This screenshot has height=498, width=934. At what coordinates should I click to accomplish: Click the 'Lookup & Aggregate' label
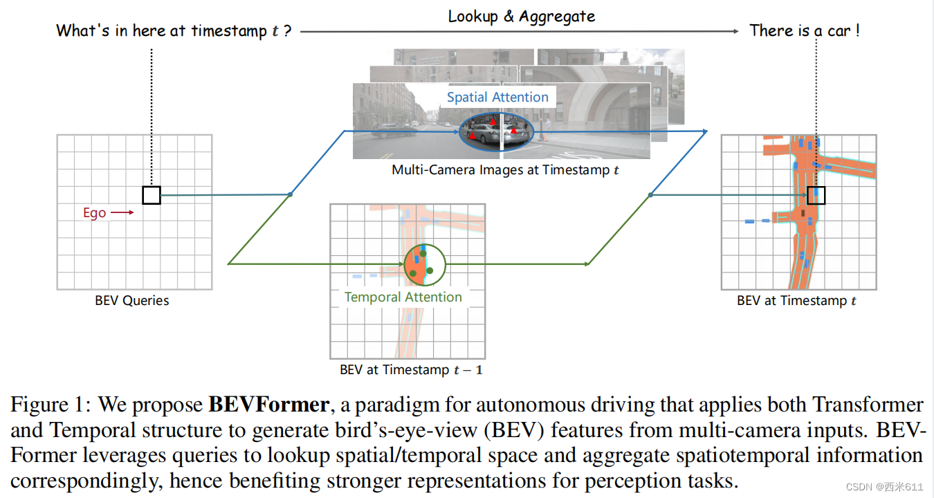pyautogui.click(x=521, y=16)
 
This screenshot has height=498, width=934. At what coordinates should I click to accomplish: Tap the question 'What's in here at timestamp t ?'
pyautogui.click(x=173, y=31)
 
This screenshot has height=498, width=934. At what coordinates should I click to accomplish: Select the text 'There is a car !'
pyautogui.click(x=805, y=30)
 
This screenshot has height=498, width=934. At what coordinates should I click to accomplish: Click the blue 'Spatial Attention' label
pyautogui.click(x=497, y=98)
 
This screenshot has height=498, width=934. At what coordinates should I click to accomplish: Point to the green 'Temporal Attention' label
pyautogui.click(x=403, y=297)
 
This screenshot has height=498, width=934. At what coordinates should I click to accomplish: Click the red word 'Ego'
pyautogui.click(x=95, y=213)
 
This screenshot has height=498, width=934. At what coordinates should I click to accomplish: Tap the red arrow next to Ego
pyautogui.click(x=122, y=213)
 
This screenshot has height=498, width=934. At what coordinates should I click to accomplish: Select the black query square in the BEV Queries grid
pyautogui.click(x=152, y=195)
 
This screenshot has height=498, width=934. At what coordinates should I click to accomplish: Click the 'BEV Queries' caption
pyautogui.click(x=132, y=301)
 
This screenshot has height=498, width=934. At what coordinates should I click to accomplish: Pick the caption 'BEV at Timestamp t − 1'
pyautogui.click(x=411, y=370)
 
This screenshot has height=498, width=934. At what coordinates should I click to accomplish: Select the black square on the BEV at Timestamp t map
pyautogui.click(x=816, y=195)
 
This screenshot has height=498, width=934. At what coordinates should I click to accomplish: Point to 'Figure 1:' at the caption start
pyautogui.click(x=48, y=405)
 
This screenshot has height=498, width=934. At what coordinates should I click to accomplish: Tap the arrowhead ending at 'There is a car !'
pyautogui.click(x=736, y=31)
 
